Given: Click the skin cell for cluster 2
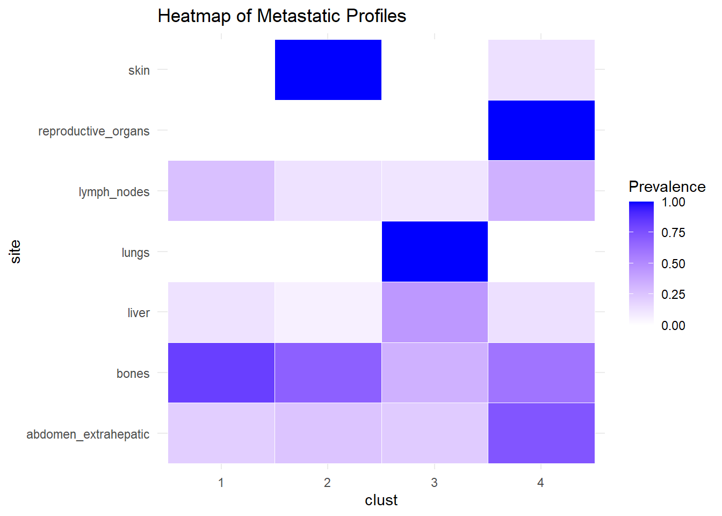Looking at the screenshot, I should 328,70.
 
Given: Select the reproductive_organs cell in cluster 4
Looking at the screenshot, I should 541,131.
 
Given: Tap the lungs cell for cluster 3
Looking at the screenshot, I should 435,252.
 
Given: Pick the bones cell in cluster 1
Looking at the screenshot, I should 221,373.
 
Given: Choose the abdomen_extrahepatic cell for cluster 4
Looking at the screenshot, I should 541,433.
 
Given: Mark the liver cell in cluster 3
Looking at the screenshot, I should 435,312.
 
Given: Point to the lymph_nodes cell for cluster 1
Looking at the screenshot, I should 221,191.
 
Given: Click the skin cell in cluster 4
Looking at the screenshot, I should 541,70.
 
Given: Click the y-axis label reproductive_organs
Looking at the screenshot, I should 94,131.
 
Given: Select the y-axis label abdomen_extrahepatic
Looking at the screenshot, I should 88,434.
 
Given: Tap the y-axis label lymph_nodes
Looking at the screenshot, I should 114,192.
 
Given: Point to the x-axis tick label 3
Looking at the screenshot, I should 434,483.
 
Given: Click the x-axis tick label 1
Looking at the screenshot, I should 221,483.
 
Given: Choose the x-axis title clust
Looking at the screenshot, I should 381,500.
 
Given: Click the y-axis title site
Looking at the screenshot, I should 16,252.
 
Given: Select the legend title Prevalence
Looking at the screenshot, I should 667,187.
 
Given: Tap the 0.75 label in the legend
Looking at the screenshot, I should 673,233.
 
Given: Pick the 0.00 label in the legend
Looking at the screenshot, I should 673,326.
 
